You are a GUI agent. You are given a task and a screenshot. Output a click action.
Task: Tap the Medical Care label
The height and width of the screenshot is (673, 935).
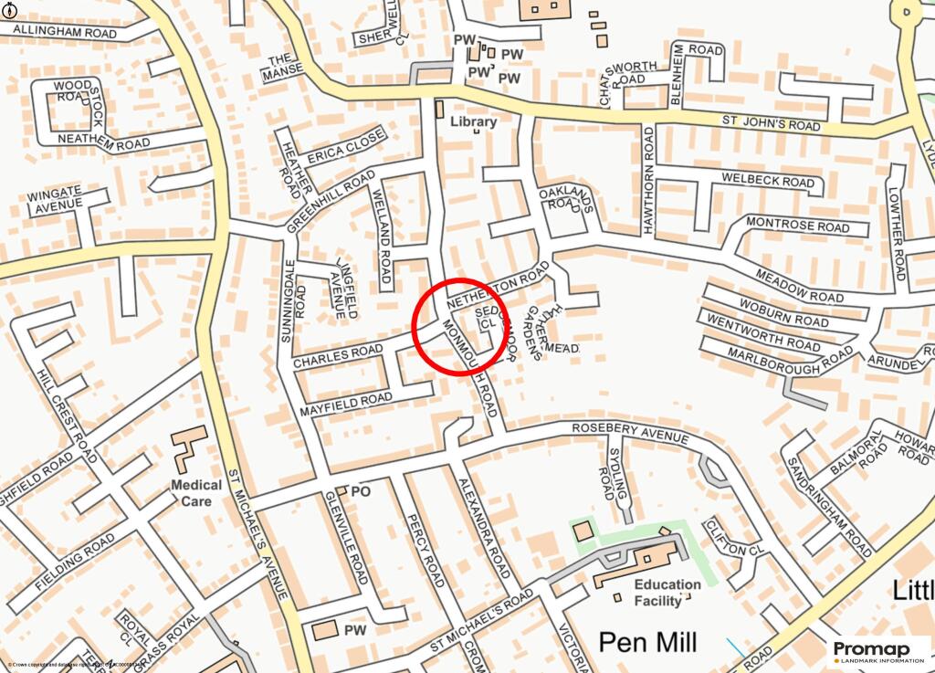(x=196, y=493)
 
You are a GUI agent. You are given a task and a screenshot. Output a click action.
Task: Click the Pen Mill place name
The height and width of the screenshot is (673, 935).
(x=648, y=642)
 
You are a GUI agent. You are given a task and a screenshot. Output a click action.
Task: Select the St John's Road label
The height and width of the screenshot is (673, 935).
(x=772, y=122)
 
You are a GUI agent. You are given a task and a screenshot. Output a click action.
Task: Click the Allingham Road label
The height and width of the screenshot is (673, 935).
(x=59, y=33)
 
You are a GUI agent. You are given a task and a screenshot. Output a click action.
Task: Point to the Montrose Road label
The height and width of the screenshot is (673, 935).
(x=797, y=225)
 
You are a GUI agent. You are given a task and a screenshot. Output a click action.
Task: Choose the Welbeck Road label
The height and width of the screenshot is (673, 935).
(x=767, y=181)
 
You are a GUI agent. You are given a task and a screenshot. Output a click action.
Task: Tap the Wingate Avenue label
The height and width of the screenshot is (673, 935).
(x=54, y=200)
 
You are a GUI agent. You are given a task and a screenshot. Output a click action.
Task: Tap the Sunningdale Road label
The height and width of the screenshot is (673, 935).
(x=290, y=301)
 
